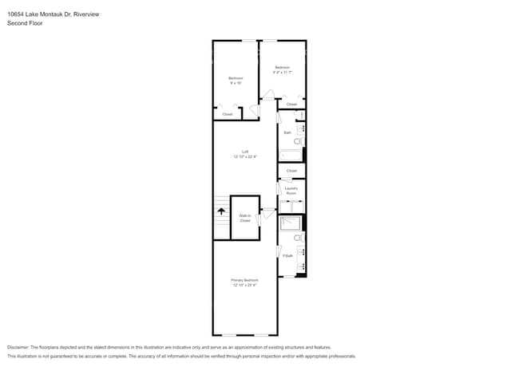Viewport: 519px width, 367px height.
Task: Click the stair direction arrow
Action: (221, 211)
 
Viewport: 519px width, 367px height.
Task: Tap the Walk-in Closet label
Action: (245, 218)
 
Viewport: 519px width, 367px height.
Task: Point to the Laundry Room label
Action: (291, 191)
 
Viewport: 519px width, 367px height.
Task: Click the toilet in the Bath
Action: (298, 141)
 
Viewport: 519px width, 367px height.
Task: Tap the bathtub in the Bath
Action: (290, 156)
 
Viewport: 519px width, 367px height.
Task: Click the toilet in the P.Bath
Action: (298, 238)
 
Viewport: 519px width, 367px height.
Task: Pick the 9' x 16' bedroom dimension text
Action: (236, 83)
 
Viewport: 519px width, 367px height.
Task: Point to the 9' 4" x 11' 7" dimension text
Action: (283, 72)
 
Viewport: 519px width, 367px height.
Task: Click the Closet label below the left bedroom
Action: (228, 114)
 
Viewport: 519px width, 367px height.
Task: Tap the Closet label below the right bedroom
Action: (291, 105)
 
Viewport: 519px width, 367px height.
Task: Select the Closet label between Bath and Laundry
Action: (291, 171)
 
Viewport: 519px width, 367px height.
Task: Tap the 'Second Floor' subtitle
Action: (25, 23)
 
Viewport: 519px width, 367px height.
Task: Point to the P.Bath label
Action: (287, 255)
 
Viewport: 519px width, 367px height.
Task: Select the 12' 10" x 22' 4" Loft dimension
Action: (244, 157)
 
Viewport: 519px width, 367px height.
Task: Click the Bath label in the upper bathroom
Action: (287, 132)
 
